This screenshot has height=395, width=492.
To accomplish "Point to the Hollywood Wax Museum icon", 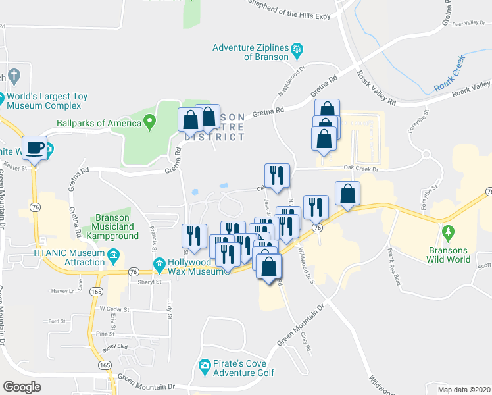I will tap(159, 265).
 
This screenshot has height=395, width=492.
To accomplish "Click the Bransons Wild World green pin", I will tap(449, 232).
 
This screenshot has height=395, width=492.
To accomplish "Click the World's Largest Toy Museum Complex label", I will tap(47, 101).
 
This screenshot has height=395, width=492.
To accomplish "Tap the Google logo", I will tap(22, 387).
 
